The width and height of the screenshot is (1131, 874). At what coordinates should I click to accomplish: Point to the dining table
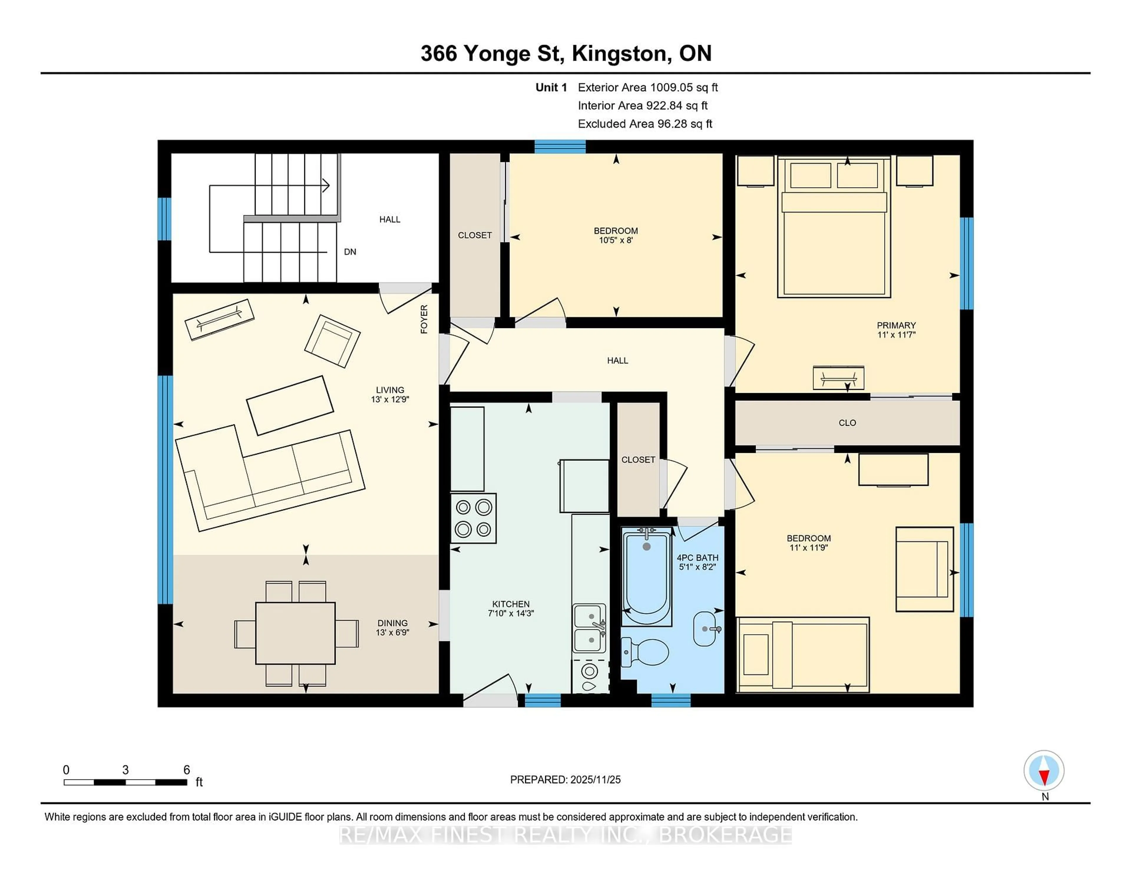[x=295, y=633]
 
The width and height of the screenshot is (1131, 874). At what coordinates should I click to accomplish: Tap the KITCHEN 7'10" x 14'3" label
[x=511, y=608]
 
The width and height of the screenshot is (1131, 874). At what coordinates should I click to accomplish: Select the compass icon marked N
[x=1044, y=770]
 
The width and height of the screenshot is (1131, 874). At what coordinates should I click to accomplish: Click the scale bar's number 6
[x=186, y=770]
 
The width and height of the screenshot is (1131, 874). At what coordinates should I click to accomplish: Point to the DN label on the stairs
[x=350, y=252]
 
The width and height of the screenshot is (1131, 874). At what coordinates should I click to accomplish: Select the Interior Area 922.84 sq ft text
[x=642, y=106]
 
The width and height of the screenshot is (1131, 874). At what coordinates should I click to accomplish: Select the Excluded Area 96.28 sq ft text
[x=645, y=124]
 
